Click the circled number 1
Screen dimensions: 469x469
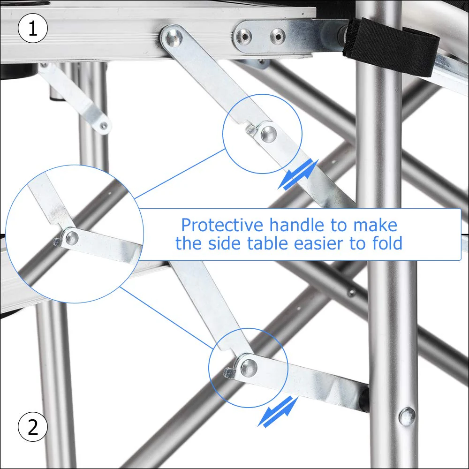click(33, 29)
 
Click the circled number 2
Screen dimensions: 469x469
click(33, 427)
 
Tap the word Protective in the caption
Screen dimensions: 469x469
click(222, 226)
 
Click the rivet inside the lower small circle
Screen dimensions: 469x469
click(248, 367)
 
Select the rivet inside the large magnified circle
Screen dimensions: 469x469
click(71, 238)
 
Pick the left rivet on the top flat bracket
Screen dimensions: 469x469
click(243, 36)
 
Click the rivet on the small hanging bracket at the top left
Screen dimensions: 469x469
click(103, 125)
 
